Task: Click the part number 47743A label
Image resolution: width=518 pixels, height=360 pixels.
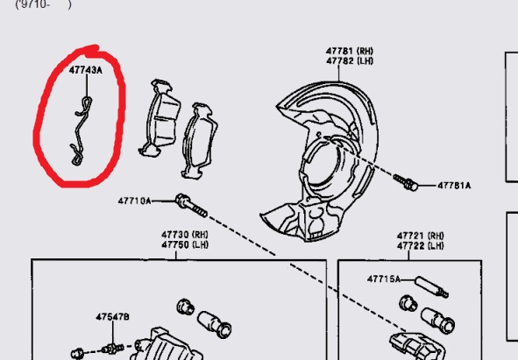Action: (x=86, y=70)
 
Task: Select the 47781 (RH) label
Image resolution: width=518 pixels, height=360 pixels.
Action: (x=350, y=51)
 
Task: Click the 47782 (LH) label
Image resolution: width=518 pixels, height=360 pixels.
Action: (x=350, y=61)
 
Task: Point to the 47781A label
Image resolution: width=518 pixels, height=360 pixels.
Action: (x=454, y=186)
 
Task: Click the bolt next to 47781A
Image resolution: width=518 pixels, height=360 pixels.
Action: (x=406, y=182)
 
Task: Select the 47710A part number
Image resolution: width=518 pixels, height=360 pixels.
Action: (x=134, y=201)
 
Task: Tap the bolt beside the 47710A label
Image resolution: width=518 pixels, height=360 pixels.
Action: (x=191, y=206)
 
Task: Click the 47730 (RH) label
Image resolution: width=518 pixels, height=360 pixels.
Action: (x=185, y=235)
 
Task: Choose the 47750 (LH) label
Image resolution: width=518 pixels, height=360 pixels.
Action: (x=185, y=245)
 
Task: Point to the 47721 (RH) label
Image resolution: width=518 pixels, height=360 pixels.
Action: (x=420, y=236)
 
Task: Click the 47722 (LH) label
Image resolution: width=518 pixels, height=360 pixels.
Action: (x=420, y=246)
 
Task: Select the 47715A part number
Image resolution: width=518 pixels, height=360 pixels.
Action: (x=384, y=279)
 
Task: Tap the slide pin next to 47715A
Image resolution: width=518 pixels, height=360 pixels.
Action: (x=431, y=286)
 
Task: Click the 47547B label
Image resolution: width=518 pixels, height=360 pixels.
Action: (x=113, y=317)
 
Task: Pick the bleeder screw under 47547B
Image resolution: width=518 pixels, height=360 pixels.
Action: (x=113, y=349)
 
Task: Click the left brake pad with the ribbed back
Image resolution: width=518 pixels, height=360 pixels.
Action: (x=160, y=118)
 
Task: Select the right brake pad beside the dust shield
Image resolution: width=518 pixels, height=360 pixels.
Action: (x=199, y=141)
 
